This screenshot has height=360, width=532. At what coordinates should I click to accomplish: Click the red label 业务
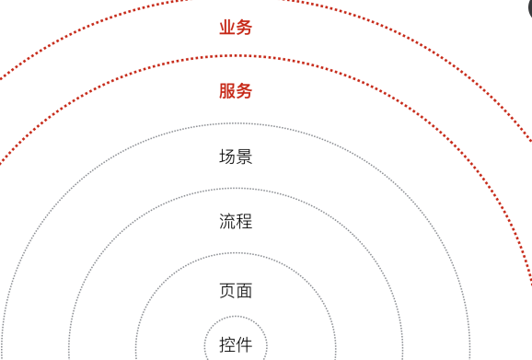pyautogui.click(x=236, y=28)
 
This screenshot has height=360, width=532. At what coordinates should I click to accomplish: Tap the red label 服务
pyautogui.click(x=236, y=91)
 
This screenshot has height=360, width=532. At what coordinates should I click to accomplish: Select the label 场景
pyautogui.click(x=236, y=157)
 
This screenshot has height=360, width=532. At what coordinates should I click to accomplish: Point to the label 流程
pyautogui.click(x=236, y=222)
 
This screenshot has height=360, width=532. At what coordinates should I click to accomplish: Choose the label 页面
pyautogui.click(x=236, y=291)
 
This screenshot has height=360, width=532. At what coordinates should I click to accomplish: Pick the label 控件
pyautogui.click(x=236, y=345)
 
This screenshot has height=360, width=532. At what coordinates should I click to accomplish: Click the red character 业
pyautogui.click(x=227, y=28)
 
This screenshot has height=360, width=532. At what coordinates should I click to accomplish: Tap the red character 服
pyautogui.click(x=227, y=91)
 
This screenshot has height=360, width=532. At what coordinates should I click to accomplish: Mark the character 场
pyautogui.click(x=227, y=157)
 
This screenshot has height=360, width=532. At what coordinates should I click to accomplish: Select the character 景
pyautogui.click(x=244, y=157)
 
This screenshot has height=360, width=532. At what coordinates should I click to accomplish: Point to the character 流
pyautogui.click(x=227, y=222)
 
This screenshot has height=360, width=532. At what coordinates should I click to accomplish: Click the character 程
pyautogui.click(x=244, y=222)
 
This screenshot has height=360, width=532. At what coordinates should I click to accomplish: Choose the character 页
pyautogui.click(x=227, y=291)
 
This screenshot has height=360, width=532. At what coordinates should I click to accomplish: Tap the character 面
pyautogui.click(x=244, y=291)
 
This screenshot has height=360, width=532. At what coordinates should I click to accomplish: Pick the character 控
pyautogui.click(x=227, y=345)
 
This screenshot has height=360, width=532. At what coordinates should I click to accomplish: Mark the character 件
pyautogui.click(x=244, y=345)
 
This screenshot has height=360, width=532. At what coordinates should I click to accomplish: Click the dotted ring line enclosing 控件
pyautogui.click(x=236, y=316)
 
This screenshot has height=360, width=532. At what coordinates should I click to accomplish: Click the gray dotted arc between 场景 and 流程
pyautogui.click(x=236, y=188)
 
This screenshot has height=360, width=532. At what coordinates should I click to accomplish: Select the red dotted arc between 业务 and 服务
pyautogui.click(x=236, y=55)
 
